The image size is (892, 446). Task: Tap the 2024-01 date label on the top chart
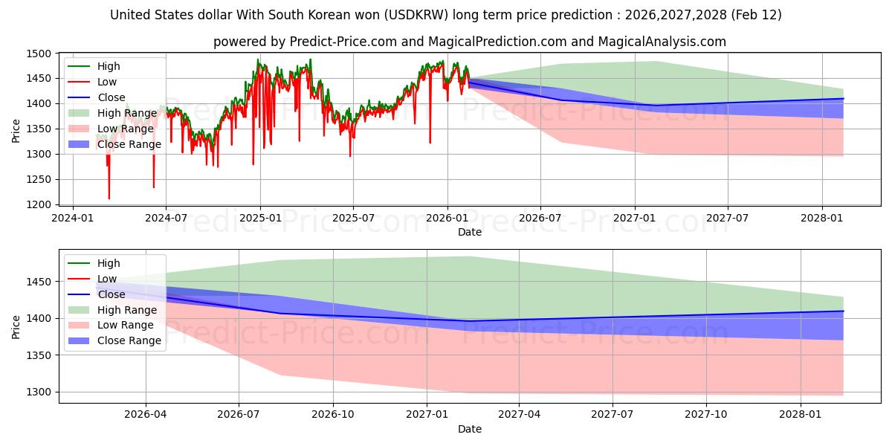[72, 219]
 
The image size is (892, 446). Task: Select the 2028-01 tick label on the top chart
[822, 219]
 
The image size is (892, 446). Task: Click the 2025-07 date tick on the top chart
[352, 219]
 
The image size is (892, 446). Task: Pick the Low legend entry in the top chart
[107, 82]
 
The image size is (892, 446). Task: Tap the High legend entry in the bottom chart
[109, 263]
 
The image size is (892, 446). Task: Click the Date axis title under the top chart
[469, 232]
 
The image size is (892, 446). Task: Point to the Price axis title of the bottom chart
[16, 326]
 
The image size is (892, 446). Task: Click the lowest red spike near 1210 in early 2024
[109, 198]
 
